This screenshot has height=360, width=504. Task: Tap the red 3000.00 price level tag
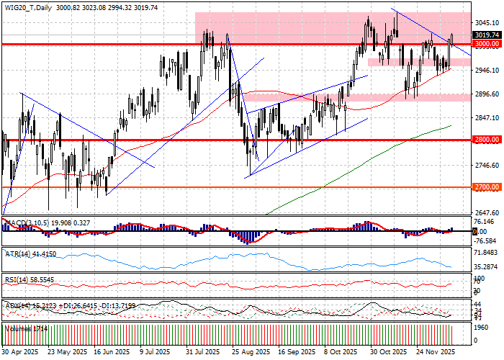tap(487, 44)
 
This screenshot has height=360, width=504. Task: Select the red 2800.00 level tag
tap(487, 140)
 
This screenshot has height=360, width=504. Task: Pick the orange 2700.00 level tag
tap(487, 187)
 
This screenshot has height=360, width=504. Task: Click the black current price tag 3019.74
tap(487, 35)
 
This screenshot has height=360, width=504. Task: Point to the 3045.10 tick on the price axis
tap(487, 22)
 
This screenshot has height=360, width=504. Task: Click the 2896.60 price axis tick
tap(487, 94)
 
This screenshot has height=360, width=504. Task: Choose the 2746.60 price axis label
tap(487, 166)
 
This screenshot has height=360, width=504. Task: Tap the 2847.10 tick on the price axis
tap(487, 117)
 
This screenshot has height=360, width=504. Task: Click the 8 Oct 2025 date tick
tap(340, 353)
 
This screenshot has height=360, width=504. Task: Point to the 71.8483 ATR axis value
tap(487, 253)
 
